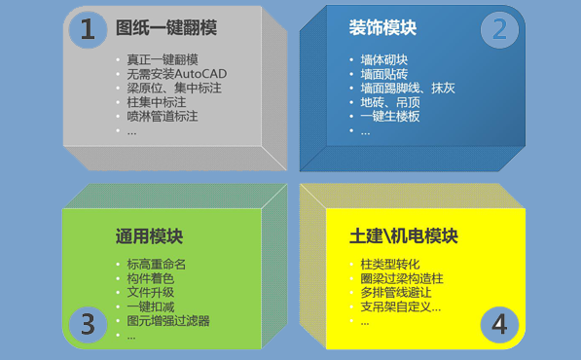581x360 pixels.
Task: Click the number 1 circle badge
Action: pos(88,30)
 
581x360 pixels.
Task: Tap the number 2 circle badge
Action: pos(499,30)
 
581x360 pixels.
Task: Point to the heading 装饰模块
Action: pos(383,28)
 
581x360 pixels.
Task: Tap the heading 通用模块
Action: pos(149,236)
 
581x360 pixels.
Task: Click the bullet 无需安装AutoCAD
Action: pos(176,74)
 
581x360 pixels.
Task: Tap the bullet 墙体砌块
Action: pos(385,59)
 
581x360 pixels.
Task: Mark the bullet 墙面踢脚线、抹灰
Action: pos(408,88)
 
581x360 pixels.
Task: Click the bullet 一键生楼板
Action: pos(391,116)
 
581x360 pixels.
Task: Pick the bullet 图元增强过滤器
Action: pos(168,320)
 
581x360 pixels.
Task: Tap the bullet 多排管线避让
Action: pos(396,292)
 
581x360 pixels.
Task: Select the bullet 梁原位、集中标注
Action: pos(173,88)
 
